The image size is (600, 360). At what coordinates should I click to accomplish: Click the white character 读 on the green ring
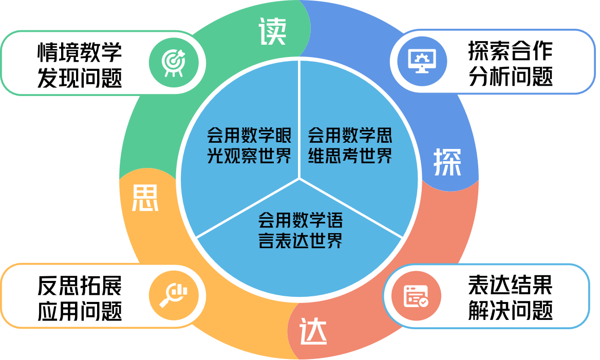tap(272, 32)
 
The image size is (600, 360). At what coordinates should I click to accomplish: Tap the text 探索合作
tap(510, 51)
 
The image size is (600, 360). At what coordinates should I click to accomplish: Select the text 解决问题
tap(510, 311)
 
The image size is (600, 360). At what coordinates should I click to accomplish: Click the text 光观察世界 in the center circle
tap(249, 156)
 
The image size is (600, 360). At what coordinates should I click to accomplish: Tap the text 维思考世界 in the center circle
tap(350, 156)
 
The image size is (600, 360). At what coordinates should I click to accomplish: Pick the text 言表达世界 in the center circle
tap(301, 240)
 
